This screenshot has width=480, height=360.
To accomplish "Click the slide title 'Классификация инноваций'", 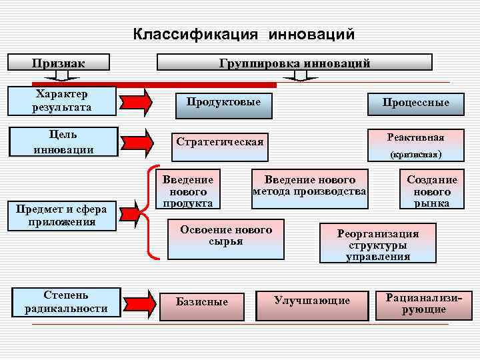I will [243, 34].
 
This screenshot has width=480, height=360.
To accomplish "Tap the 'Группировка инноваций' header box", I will [294, 63].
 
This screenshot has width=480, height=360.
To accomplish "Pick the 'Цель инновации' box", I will [63, 142].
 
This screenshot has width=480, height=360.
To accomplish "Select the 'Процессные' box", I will [415, 103].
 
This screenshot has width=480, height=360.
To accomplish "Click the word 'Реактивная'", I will [415, 137].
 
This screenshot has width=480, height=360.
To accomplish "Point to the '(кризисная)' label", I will [415, 154].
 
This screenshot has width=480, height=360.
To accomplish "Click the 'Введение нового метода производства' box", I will [311, 186].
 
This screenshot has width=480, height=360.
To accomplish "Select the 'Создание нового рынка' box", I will [432, 191].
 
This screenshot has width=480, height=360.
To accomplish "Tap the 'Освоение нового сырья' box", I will [226, 237].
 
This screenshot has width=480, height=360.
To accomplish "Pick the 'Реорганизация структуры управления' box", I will [378, 243].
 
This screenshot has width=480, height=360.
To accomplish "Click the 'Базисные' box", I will [201, 302].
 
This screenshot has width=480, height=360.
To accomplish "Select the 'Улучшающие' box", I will [312, 301].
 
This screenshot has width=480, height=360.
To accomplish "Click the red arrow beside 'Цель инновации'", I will [138, 142].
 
